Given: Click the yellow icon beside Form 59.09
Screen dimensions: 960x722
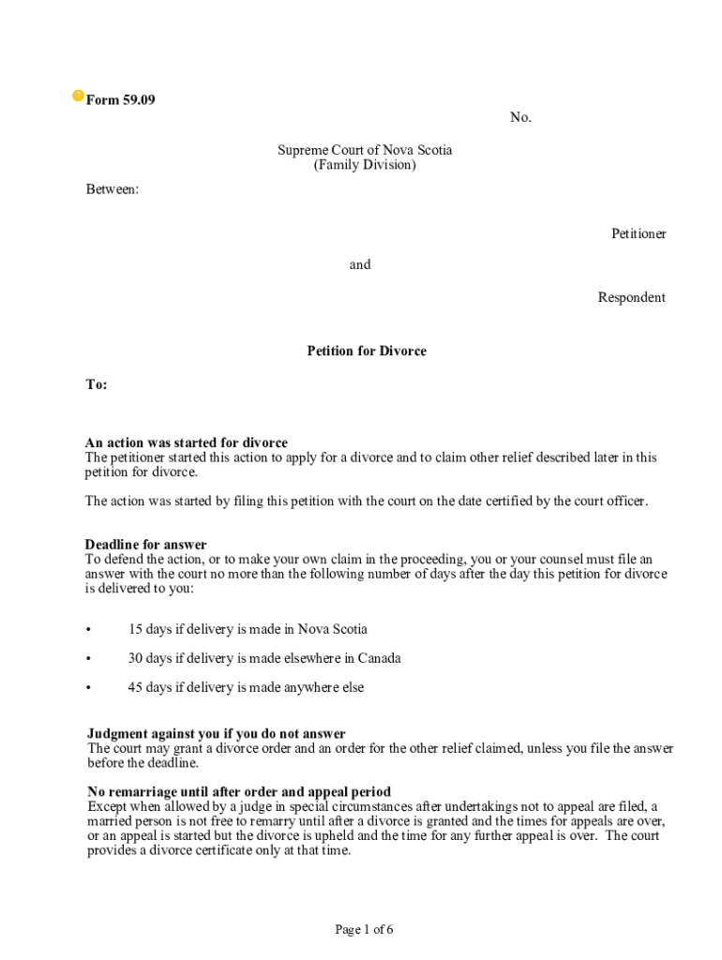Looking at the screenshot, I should tap(78, 97).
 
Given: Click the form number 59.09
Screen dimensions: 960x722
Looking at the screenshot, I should tap(139, 100).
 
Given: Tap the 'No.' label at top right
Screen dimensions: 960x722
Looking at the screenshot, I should tap(520, 117).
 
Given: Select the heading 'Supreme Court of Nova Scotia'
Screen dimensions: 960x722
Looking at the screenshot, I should tap(364, 150).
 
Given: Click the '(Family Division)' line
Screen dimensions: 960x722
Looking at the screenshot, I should tap(364, 165).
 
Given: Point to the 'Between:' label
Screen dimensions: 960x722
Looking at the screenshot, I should tap(112, 189).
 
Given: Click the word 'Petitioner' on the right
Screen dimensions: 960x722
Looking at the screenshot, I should tap(639, 233).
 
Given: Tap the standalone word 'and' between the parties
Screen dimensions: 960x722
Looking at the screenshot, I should tap(360, 264).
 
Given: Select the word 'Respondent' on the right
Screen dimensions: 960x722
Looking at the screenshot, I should tap(631, 297).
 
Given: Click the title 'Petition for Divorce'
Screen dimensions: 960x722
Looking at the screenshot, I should tap(367, 351).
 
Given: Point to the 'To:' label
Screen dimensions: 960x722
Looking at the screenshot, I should tap(97, 384).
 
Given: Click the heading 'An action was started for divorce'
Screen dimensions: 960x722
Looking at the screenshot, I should tap(187, 442).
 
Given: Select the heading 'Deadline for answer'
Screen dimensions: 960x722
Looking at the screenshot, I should tap(146, 545).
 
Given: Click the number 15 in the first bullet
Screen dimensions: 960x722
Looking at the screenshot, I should tap(135, 629).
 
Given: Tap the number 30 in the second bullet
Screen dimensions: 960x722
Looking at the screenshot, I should tap(136, 658).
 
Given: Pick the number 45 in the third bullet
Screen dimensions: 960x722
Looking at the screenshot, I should tap(135, 687).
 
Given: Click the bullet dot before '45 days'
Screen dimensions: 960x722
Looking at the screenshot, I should tap(88, 688).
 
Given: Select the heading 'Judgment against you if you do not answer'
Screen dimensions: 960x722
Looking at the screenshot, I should tap(217, 733).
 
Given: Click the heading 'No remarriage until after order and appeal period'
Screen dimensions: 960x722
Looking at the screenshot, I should tap(239, 791).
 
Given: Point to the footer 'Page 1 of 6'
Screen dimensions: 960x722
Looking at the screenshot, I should tap(364, 929).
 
